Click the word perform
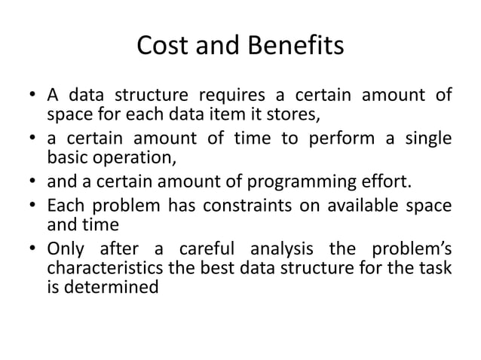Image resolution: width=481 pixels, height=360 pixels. pyautogui.click(x=339, y=140)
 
